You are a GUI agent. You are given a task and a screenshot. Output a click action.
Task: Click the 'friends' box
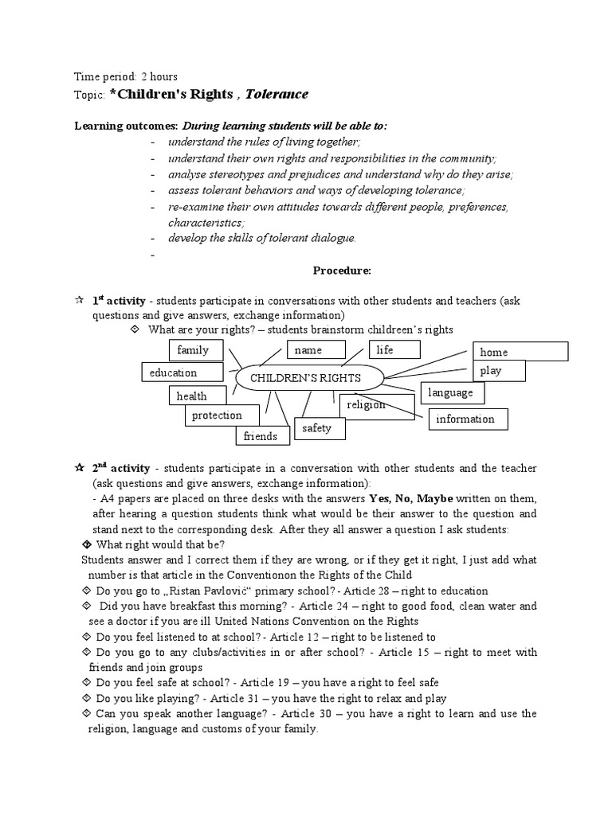click(261, 435)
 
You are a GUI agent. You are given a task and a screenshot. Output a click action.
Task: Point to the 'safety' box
click(316, 428)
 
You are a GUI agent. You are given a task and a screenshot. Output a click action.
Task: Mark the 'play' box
click(499, 371)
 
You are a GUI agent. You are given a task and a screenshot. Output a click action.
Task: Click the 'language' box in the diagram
click(452, 392)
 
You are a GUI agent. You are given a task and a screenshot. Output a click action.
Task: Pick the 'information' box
click(468, 419)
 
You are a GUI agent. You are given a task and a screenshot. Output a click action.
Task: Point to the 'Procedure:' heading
click(341, 271)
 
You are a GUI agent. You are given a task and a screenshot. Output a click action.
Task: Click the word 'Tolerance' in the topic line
click(277, 95)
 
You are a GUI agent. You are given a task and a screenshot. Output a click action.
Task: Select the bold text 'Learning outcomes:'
click(125, 126)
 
